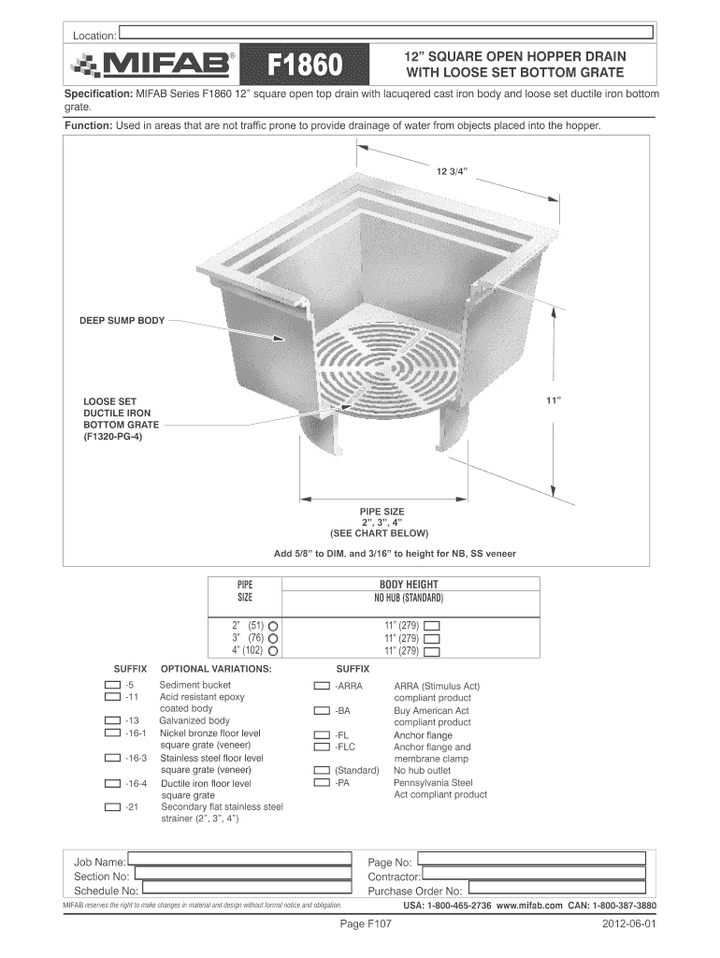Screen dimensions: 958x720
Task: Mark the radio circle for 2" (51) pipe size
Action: pyautogui.click(x=274, y=624)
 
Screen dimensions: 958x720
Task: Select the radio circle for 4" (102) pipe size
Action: pyautogui.click(x=274, y=650)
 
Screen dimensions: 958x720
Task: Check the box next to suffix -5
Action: pyautogui.click(x=112, y=686)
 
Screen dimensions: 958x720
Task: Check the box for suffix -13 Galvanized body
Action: pyautogui.click(x=112, y=721)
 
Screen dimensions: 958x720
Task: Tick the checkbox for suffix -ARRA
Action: pyautogui.click(x=322, y=686)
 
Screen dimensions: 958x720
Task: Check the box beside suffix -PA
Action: pyautogui.click(x=322, y=783)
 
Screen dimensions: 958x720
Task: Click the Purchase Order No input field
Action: pyautogui.click(x=555, y=891)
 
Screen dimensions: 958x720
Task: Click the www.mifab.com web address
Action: pyautogui.click(x=529, y=907)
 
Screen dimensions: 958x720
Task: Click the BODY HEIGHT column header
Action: pyautogui.click(x=409, y=584)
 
